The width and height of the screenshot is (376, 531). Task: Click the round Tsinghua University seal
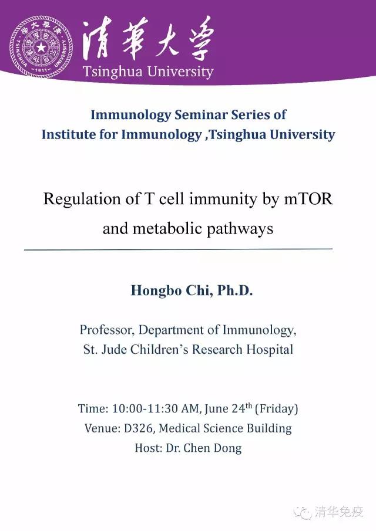(41, 47)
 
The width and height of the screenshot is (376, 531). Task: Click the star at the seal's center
(41, 47)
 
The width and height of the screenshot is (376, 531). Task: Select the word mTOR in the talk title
(308, 199)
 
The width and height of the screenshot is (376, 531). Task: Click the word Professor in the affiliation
(108, 330)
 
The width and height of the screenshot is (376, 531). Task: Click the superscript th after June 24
(249, 405)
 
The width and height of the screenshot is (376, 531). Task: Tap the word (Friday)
(276, 409)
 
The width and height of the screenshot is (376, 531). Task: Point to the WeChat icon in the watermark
(304, 512)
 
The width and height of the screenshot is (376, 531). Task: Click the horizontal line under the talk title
(179, 249)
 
